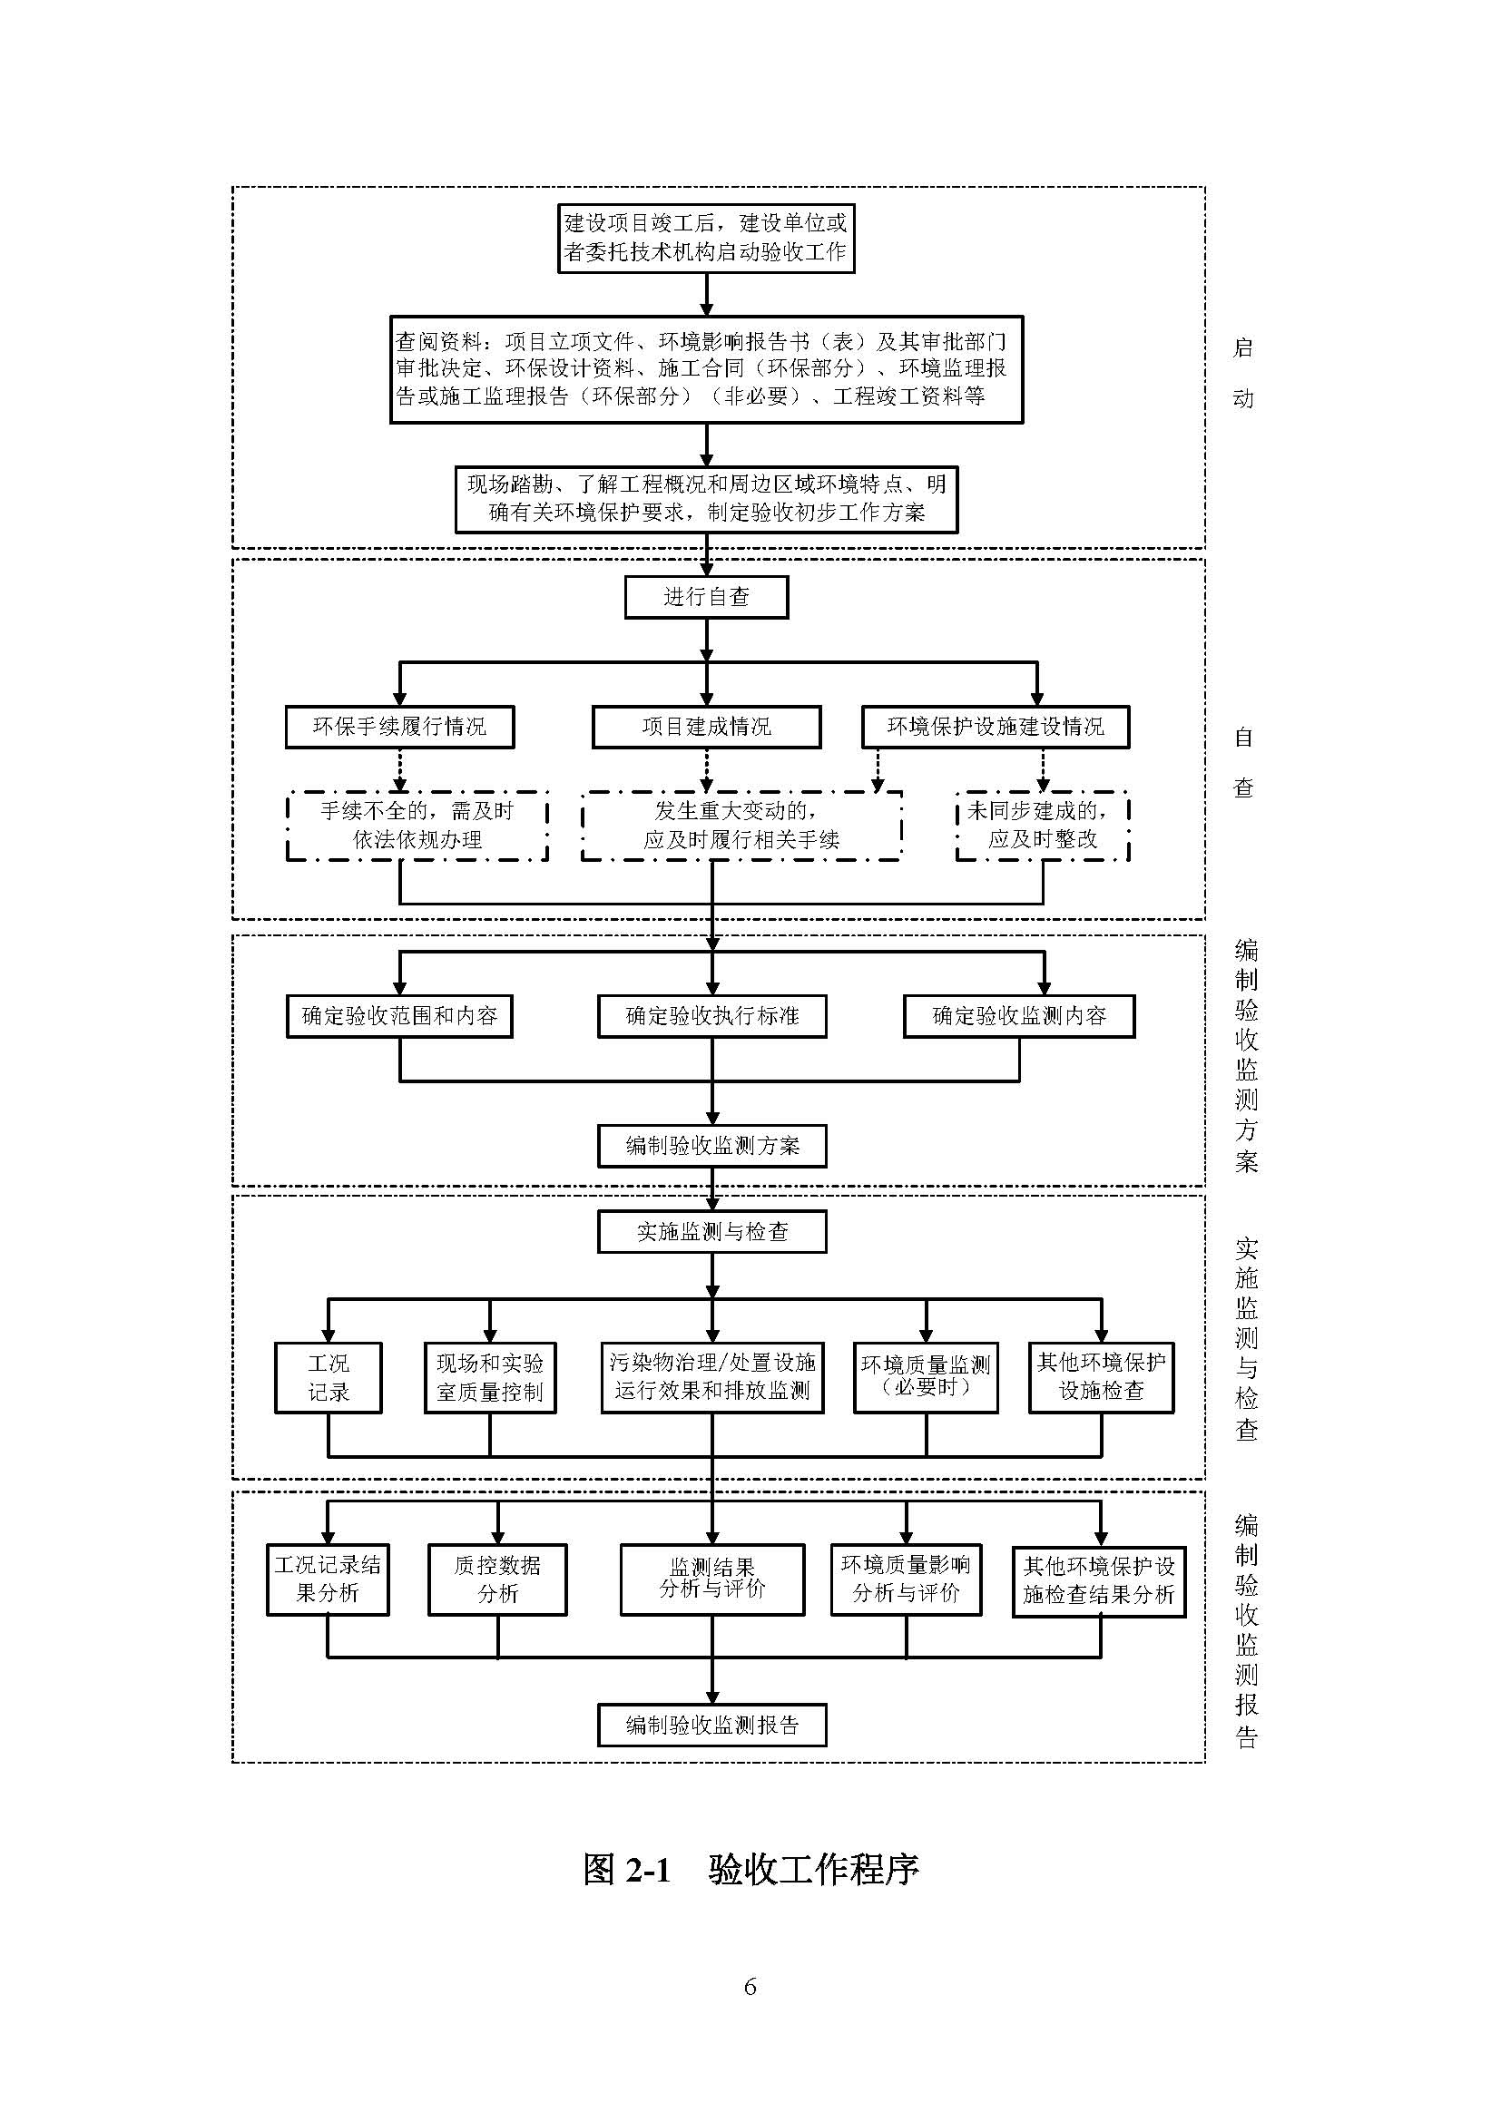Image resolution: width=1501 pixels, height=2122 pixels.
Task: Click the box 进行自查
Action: pyautogui.click(x=706, y=597)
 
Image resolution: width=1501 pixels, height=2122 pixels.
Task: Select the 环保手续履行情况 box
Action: pyautogui.click(x=399, y=727)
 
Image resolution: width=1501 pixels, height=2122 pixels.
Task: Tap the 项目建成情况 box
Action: pyautogui.click(x=706, y=727)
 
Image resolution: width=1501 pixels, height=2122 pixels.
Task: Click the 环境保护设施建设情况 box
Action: pyautogui.click(x=995, y=727)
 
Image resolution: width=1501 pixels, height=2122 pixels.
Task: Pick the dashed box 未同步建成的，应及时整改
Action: pyautogui.click(x=1043, y=826)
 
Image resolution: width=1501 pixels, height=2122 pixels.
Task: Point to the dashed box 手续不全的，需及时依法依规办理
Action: pyautogui.click(x=417, y=826)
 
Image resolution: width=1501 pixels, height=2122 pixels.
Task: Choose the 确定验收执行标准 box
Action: pyautogui.click(x=711, y=1016)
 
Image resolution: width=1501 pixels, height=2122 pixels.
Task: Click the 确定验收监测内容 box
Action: pyautogui.click(x=1018, y=1016)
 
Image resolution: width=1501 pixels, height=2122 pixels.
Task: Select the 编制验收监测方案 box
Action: pyautogui.click(x=711, y=1146)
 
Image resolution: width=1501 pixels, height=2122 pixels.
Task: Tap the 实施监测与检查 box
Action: pyautogui.click(x=711, y=1232)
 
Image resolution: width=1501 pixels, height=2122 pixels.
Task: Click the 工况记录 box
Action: pyautogui.click(x=329, y=1377)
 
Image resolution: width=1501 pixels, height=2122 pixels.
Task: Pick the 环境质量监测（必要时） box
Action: pyautogui.click(x=925, y=1377)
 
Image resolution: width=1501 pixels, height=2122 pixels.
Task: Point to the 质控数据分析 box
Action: pyautogui.click(x=497, y=1579)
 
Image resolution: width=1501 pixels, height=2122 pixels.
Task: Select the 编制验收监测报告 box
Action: pyautogui.click(x=711, y=1725)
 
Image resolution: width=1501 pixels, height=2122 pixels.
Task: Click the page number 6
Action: pyautogui.click(x=750, y=1986)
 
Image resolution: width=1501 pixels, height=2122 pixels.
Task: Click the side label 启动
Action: pyautogui.click(x=1243, y=373)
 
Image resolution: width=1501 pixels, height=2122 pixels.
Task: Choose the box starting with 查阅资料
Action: pyautogui.click(x=706, y=368)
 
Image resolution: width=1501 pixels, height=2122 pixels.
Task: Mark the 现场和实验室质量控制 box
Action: pyautogui.click(x=490, y=1377)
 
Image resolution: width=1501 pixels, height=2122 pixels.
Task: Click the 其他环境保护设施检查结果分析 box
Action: pyautogui.click(x=1098, y=1581)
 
